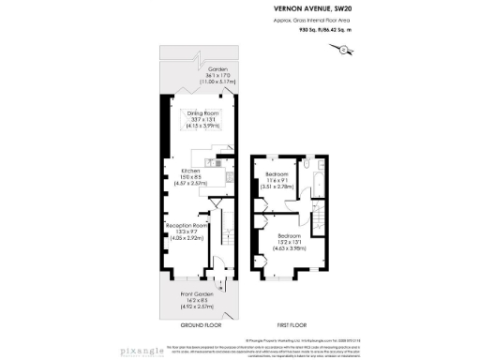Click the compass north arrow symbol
pos(351,50)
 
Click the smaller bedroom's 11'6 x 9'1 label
pos(278,182)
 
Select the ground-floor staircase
pos(226,239)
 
